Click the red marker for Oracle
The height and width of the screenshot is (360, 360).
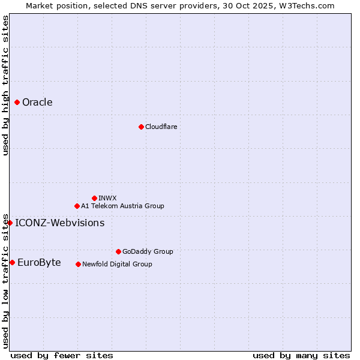coord(17,102)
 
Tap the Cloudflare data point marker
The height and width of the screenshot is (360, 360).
coord(141,127)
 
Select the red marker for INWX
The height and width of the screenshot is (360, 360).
coord(94,198)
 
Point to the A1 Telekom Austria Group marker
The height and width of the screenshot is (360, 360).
coord(77,206)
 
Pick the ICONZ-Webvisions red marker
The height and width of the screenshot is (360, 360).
coord(10,223)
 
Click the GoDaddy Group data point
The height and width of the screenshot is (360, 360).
coord(118,251)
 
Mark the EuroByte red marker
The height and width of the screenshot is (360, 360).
coord(12,262)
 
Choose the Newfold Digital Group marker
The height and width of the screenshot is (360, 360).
coord(78,264)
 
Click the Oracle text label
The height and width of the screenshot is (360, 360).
coord(37,102)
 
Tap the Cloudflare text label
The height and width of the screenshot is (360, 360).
coord(161,127)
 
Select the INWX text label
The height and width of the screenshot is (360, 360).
coord(107,198)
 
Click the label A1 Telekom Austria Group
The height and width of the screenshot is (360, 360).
coord(122,206)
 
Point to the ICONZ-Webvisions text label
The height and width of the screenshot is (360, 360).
coord(59,223)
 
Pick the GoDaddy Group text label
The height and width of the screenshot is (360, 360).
coord(148,251)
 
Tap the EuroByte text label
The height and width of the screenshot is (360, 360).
coord(39,262)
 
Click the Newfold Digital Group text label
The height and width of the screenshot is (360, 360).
coord(117,264)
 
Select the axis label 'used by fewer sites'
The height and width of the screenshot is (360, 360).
coord(62,355)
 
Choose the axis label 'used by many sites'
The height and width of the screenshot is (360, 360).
coord(301,355)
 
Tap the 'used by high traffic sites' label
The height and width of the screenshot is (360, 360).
coord(5,85)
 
